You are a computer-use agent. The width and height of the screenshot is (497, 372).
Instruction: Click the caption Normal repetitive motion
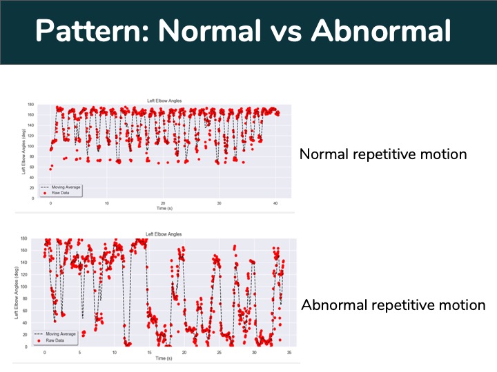[382, 154]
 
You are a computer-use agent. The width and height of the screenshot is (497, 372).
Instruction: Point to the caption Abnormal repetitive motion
[393, 304]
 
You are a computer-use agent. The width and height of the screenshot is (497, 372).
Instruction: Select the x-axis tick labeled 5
[79, 352]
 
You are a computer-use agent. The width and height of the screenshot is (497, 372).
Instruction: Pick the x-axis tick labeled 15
[149, 352]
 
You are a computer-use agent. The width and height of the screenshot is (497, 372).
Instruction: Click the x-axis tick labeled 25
[219, 352]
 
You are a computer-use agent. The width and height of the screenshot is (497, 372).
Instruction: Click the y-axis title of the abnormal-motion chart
[16, 292]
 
